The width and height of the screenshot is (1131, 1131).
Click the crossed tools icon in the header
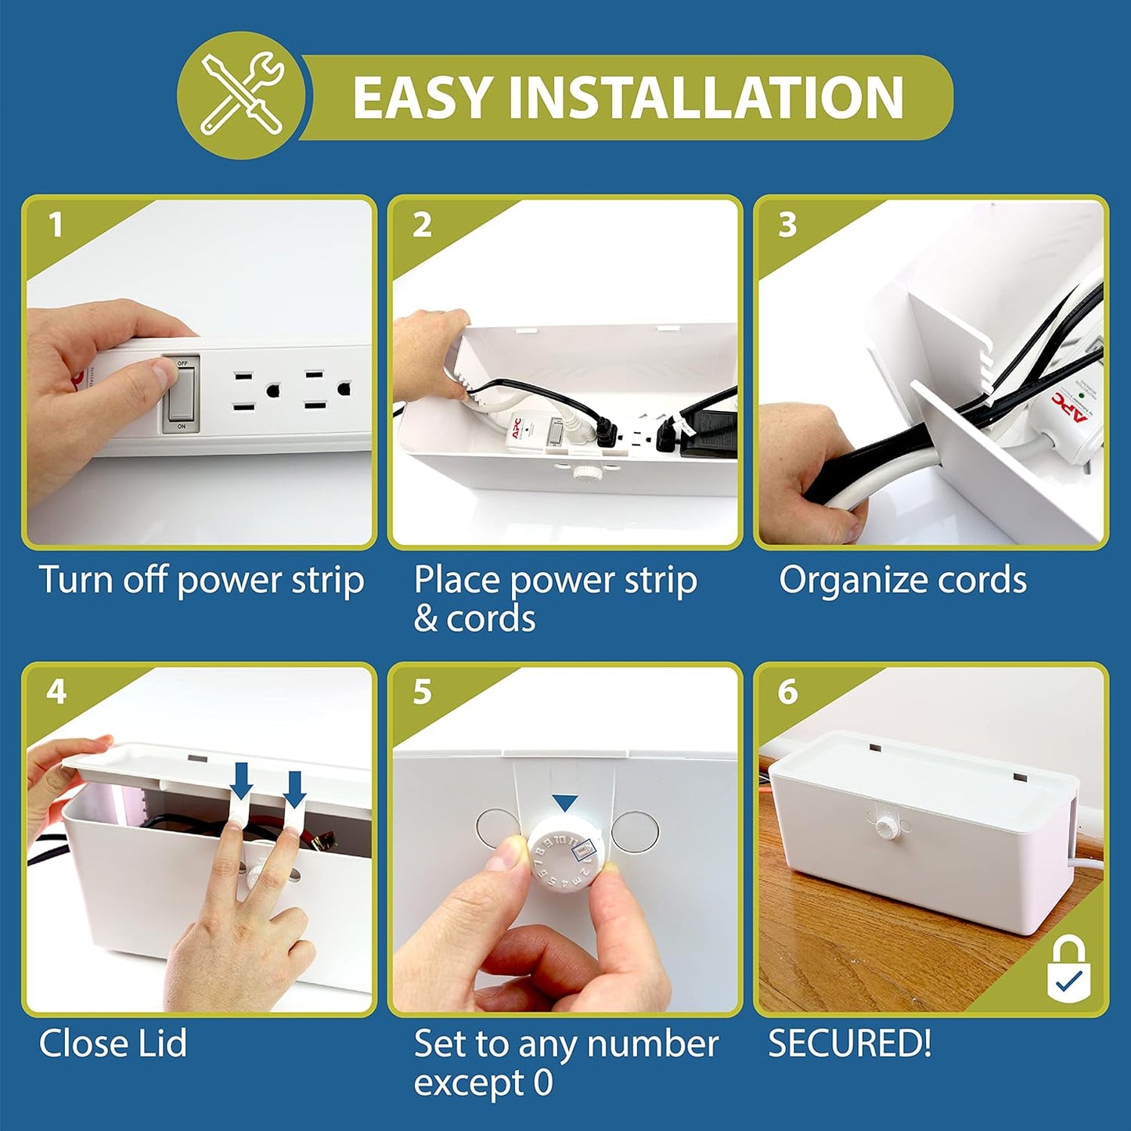(x=241, y=95)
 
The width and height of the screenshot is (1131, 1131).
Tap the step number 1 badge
(x=56, y=225)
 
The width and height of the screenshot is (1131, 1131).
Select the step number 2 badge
(x=422, y=225)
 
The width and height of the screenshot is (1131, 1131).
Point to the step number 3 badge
(x=787, y=225)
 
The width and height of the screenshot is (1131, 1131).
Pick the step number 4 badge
(x=56, y=692)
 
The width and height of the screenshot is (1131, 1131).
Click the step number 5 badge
(x=422, y=692)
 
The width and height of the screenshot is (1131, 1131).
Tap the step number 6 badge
(x=787, y=692)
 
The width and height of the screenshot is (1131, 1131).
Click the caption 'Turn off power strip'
(x=201, y=581)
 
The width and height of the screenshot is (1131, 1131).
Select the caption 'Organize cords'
(x=902, y=581)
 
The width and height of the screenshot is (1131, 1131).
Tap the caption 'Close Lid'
(x=113, y=1044)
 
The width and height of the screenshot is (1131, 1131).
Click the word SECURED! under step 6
(x=849, y=1044)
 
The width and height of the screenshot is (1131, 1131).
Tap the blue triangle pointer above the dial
(x=564, y=802)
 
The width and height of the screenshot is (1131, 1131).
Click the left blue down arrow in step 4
(x=242, y=780)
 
